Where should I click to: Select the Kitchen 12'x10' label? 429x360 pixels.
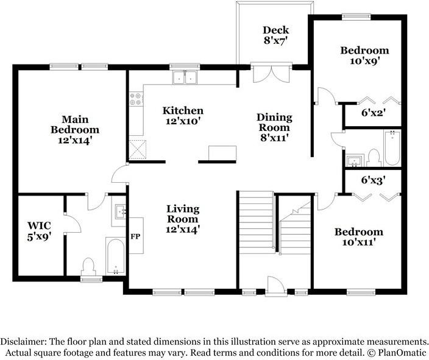pos(182,116)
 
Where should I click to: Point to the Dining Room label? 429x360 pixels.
pos(274,127)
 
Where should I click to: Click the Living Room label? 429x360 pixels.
pos(182,219)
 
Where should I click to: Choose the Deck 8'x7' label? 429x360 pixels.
pos(275,35)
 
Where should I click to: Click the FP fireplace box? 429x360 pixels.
pos(135,236)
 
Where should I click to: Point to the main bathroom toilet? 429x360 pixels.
pos(89,267)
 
